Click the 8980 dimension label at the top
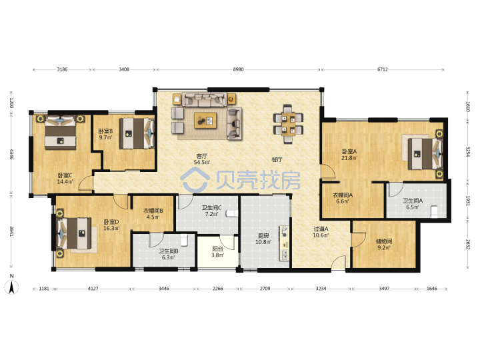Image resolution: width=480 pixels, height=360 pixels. click(x=238, y=69)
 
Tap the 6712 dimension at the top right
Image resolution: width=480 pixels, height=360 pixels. click(x=383, y=69)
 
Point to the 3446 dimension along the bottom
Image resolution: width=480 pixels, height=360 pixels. click(x=164, y=289)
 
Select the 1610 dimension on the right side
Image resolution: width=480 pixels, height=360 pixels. click(x=467, y=107)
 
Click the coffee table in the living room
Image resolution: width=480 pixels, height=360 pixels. click(x=205, y=120)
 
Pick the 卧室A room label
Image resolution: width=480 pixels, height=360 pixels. click(x=349, y=151)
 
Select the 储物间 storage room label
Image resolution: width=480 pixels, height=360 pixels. click(x=384, y=241)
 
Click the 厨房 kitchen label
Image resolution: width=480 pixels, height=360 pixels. click(x=263, y=236)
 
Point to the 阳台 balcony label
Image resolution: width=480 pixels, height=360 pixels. click(x=217, y=249)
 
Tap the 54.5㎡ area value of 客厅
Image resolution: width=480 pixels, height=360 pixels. click(x=202, y=162)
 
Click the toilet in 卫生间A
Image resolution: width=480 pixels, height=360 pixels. click(x=435, y=212)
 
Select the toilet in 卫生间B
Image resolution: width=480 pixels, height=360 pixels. click(x=184, y=240)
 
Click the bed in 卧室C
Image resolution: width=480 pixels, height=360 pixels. click(x=60, y=133)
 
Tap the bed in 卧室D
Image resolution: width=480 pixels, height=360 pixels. click(x=74, y=233)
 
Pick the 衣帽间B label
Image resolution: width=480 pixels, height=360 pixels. click(x=153, y=211)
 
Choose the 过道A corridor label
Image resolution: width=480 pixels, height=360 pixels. click(x=321, y=229)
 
